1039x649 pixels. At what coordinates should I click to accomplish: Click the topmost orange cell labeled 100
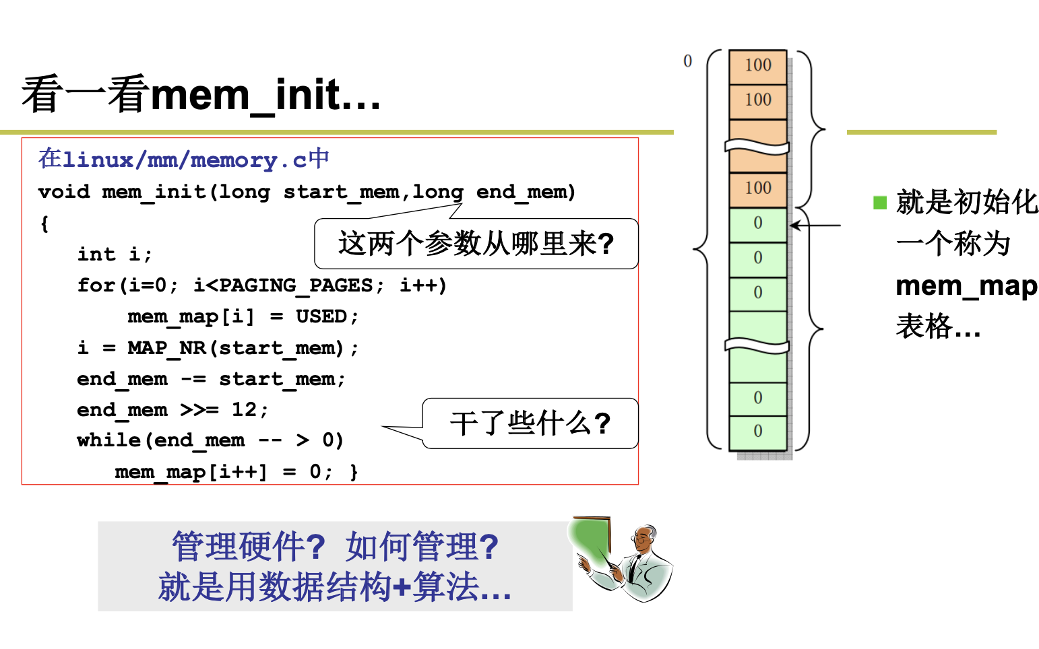click(757, 66)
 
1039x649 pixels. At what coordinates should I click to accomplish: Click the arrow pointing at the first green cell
click(815, 226)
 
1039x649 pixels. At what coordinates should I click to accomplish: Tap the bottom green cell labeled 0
click(757, 432)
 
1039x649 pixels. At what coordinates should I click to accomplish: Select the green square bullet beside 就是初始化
click(879, 203)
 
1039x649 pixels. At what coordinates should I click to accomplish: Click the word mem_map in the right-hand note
click(966, 286)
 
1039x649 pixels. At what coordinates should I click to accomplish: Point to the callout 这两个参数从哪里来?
click(476, 244)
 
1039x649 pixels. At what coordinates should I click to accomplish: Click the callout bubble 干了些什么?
click(530, 423)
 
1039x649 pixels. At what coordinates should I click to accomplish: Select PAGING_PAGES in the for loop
click(296, 285)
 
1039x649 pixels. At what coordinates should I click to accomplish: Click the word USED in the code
click(321, 316)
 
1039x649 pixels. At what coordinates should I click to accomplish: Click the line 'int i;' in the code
click(115, 254)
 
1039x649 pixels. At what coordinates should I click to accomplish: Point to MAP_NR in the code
click(166, 348)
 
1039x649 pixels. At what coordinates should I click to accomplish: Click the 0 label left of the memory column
click(687, 61)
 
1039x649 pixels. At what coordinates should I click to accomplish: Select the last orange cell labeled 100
click(757, 189)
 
